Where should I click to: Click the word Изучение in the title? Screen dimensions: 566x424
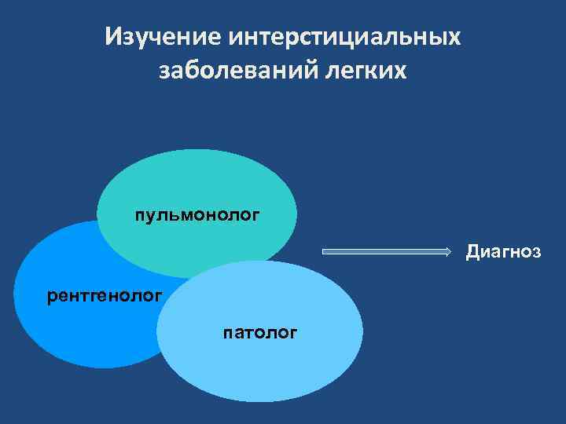pos(163,37)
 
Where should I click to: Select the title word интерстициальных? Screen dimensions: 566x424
pos(344,37)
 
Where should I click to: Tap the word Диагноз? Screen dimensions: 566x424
pos(503,251)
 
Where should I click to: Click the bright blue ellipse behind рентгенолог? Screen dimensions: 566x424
pos(71,330)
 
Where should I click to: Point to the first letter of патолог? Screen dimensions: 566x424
pos(227,334)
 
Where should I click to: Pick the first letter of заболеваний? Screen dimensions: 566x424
pos(165,71)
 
